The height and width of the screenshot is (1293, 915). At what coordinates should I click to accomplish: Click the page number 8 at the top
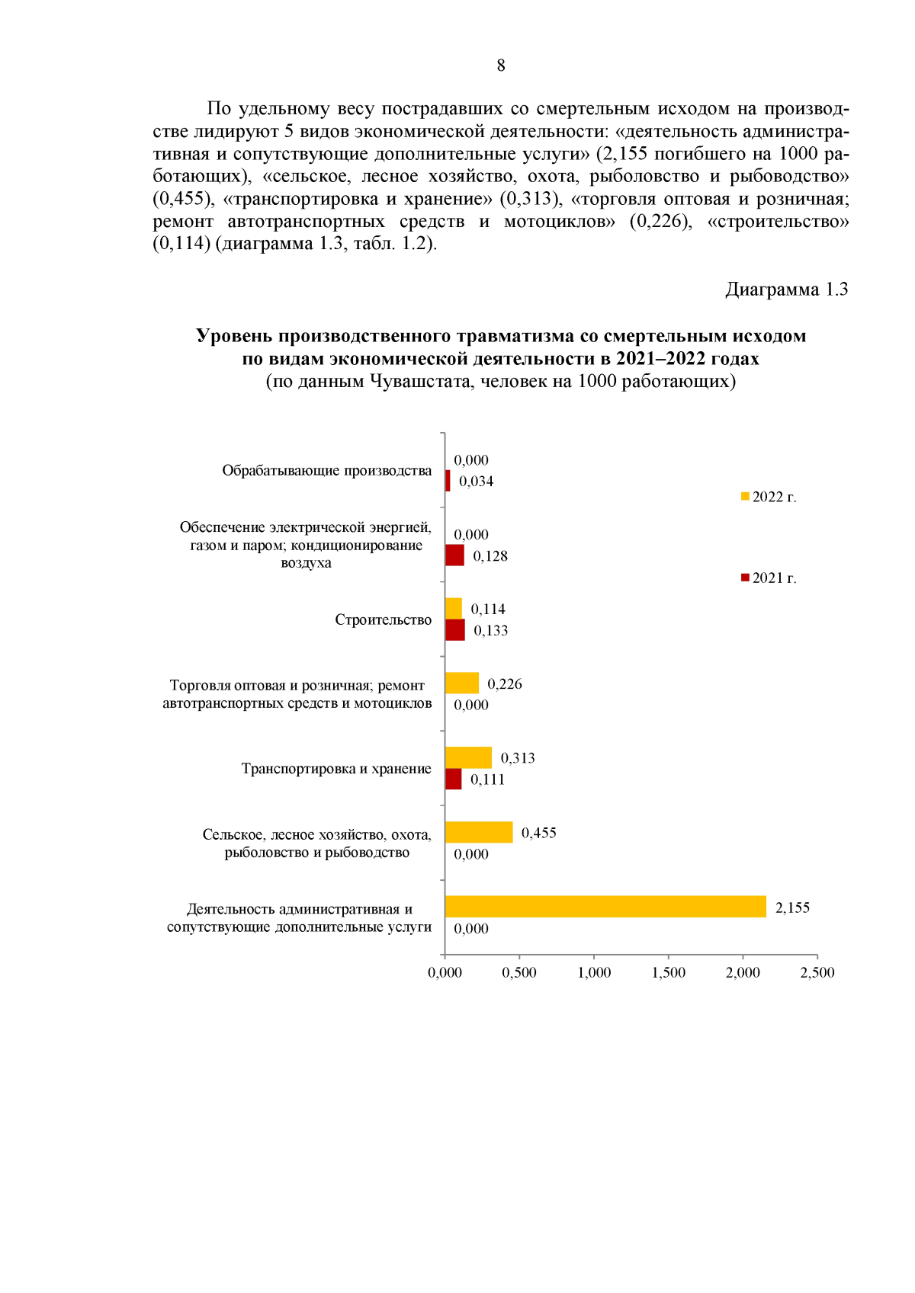point(500,66)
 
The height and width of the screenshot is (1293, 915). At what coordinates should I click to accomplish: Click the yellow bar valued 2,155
point(605,906)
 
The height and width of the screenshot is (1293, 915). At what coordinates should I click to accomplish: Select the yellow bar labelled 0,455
point(478,832)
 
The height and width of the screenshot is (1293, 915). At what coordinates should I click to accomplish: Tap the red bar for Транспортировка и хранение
point(453,779)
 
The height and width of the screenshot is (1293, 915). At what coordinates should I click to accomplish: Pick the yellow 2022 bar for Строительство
point(453,608)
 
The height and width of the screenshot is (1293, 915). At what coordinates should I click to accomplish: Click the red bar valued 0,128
point(454,555)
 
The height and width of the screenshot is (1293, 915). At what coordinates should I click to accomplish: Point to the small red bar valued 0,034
point(448,481)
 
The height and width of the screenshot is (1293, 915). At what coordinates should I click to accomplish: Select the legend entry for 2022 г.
point(769,497)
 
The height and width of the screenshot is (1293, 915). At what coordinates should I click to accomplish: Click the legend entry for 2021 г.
point(769,578)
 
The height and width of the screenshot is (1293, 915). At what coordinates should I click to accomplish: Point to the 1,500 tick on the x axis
point(668,972)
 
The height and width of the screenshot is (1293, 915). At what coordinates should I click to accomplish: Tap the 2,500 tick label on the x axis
point(817,972)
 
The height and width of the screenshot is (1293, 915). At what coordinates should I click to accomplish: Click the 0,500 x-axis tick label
point(519,972)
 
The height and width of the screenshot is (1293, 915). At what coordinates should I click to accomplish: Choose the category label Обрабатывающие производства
point(326,470)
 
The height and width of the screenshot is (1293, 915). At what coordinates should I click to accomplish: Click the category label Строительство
point(383,619)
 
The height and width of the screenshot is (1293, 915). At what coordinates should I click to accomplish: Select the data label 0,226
point(504,683)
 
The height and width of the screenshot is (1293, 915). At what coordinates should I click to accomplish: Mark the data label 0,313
point(517,757)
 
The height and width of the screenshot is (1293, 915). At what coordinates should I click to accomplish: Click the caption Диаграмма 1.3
point(786,290)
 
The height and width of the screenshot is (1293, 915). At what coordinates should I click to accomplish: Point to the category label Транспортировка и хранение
point(335,768)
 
